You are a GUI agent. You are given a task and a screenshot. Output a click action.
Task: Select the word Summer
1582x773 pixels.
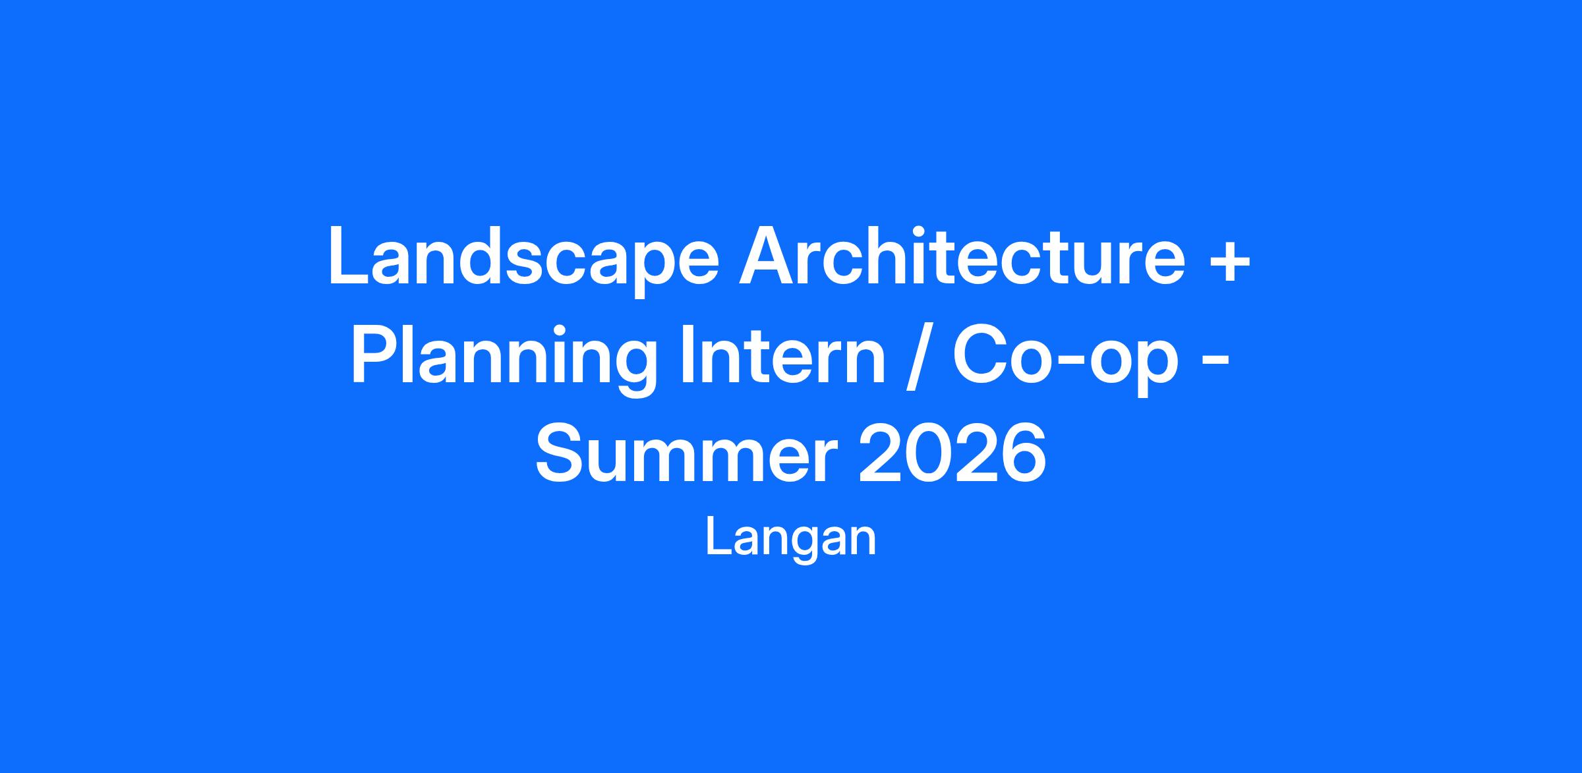point(686,453)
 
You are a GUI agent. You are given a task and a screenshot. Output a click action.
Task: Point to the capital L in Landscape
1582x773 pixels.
point(349,255)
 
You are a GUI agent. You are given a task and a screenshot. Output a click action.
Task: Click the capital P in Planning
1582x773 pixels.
point(376,355)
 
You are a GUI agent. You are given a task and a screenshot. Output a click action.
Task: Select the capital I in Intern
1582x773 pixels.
point(688,355)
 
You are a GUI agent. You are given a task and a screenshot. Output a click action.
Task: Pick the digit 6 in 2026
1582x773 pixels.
point(1023,453)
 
